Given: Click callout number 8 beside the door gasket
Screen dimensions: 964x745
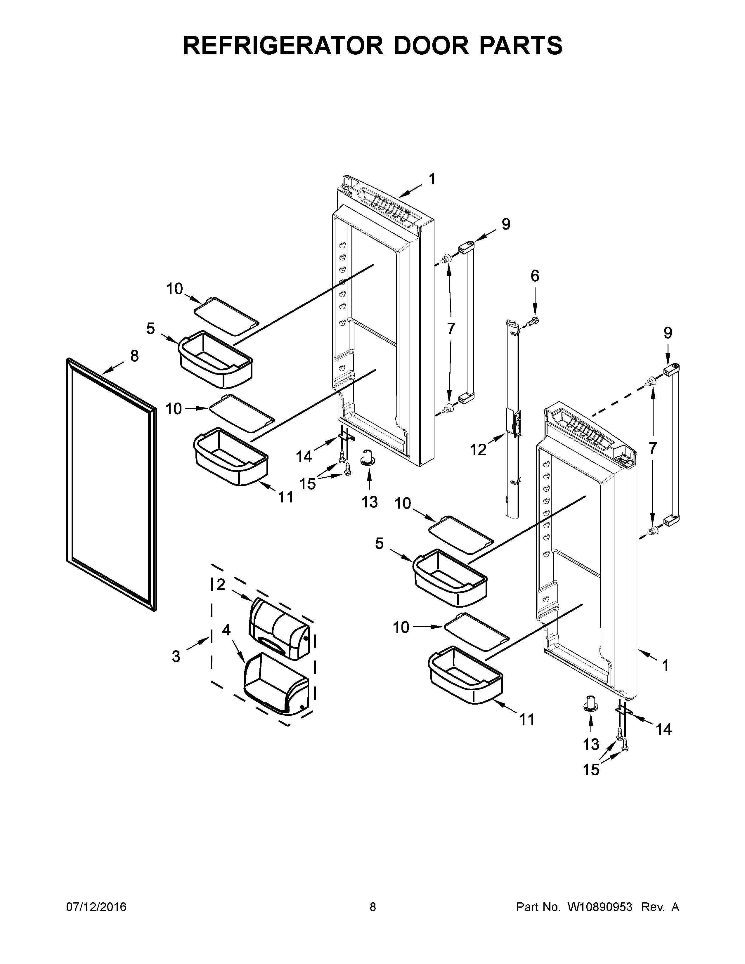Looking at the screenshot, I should pos(134,356).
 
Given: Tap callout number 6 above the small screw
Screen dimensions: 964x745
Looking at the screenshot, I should pos(534,276).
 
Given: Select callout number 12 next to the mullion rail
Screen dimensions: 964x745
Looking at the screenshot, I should pos(478,450).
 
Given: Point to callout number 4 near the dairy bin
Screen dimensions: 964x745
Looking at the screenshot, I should pos(226,630).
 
